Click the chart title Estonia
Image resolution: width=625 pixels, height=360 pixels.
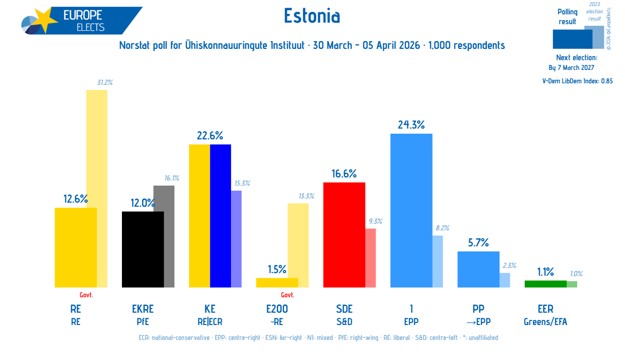pos(312,15)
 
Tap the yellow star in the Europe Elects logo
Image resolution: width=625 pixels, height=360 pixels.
pos(45,20)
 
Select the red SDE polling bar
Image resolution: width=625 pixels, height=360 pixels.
pos(344,235)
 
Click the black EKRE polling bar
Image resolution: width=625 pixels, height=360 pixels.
pos(143,249)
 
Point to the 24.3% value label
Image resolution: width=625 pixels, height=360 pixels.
pos(412,124)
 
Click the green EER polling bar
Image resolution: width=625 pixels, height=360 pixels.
pos(545,284)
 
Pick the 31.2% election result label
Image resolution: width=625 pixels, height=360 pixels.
pos(105,82)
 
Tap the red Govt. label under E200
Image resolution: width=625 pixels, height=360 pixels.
pos(288,295)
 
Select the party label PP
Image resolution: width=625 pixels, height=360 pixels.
pos(478,309)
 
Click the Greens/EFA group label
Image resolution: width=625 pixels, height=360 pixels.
pos(545,322)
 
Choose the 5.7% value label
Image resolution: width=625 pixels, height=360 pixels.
pos(478,243)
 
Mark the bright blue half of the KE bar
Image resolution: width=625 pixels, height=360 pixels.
pos(221,216)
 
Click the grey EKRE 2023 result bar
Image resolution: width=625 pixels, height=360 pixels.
pos(169,237)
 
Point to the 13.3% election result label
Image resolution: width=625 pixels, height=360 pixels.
pos(307,196)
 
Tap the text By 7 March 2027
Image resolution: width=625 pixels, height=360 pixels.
pos(571,68)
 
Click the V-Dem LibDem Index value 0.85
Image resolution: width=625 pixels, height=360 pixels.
pos(607,81)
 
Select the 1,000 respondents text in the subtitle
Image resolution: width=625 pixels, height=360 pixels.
pos(467,45)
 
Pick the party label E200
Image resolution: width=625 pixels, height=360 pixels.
pos(277,309)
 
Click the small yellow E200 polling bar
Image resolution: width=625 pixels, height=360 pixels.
pos(277,283)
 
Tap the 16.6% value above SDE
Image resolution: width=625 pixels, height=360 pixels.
pos(344,174)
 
